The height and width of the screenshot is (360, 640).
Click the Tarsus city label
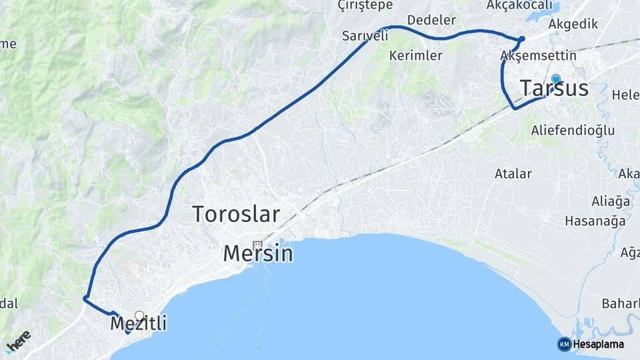[553, 89]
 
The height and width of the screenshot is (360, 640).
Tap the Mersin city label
[258, 253]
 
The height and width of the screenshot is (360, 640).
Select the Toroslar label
[236, 214]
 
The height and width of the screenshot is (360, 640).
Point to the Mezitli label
[138, 325]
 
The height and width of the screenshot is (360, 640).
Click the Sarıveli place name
[365, 36]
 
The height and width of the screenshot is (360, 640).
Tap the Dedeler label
[431, 19]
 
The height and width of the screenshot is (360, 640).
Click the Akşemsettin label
[529, 55]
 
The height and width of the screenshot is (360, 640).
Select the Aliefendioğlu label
[573, 130]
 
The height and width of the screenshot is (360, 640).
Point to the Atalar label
[513, 174]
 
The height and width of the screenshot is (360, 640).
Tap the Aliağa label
[611, 201]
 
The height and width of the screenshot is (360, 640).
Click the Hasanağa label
[595, 221]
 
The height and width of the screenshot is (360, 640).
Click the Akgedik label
[573, 24]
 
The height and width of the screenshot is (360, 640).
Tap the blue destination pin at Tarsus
[555, 78]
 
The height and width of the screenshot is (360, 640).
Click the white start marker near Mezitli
[139, 315]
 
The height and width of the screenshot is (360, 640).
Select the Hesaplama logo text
[598, 345]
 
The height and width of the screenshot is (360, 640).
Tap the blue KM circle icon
[564, 345]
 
